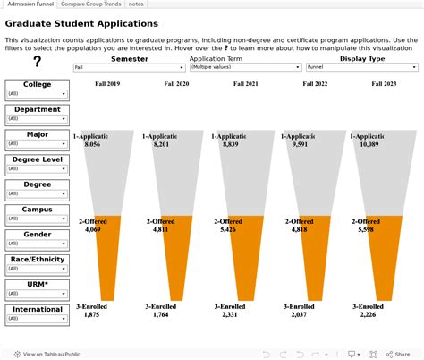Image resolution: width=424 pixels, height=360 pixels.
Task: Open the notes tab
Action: point(137,4)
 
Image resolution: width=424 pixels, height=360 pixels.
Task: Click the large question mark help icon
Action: point(37,62)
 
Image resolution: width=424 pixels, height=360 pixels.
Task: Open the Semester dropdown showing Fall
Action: point(129,67)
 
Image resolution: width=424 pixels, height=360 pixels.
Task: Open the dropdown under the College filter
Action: point(37,93)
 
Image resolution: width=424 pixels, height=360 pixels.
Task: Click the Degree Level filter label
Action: point(37,159)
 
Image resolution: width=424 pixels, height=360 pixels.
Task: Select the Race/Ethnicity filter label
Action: point(37,260)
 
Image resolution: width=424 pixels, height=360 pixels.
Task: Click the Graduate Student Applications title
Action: point(81,23)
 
